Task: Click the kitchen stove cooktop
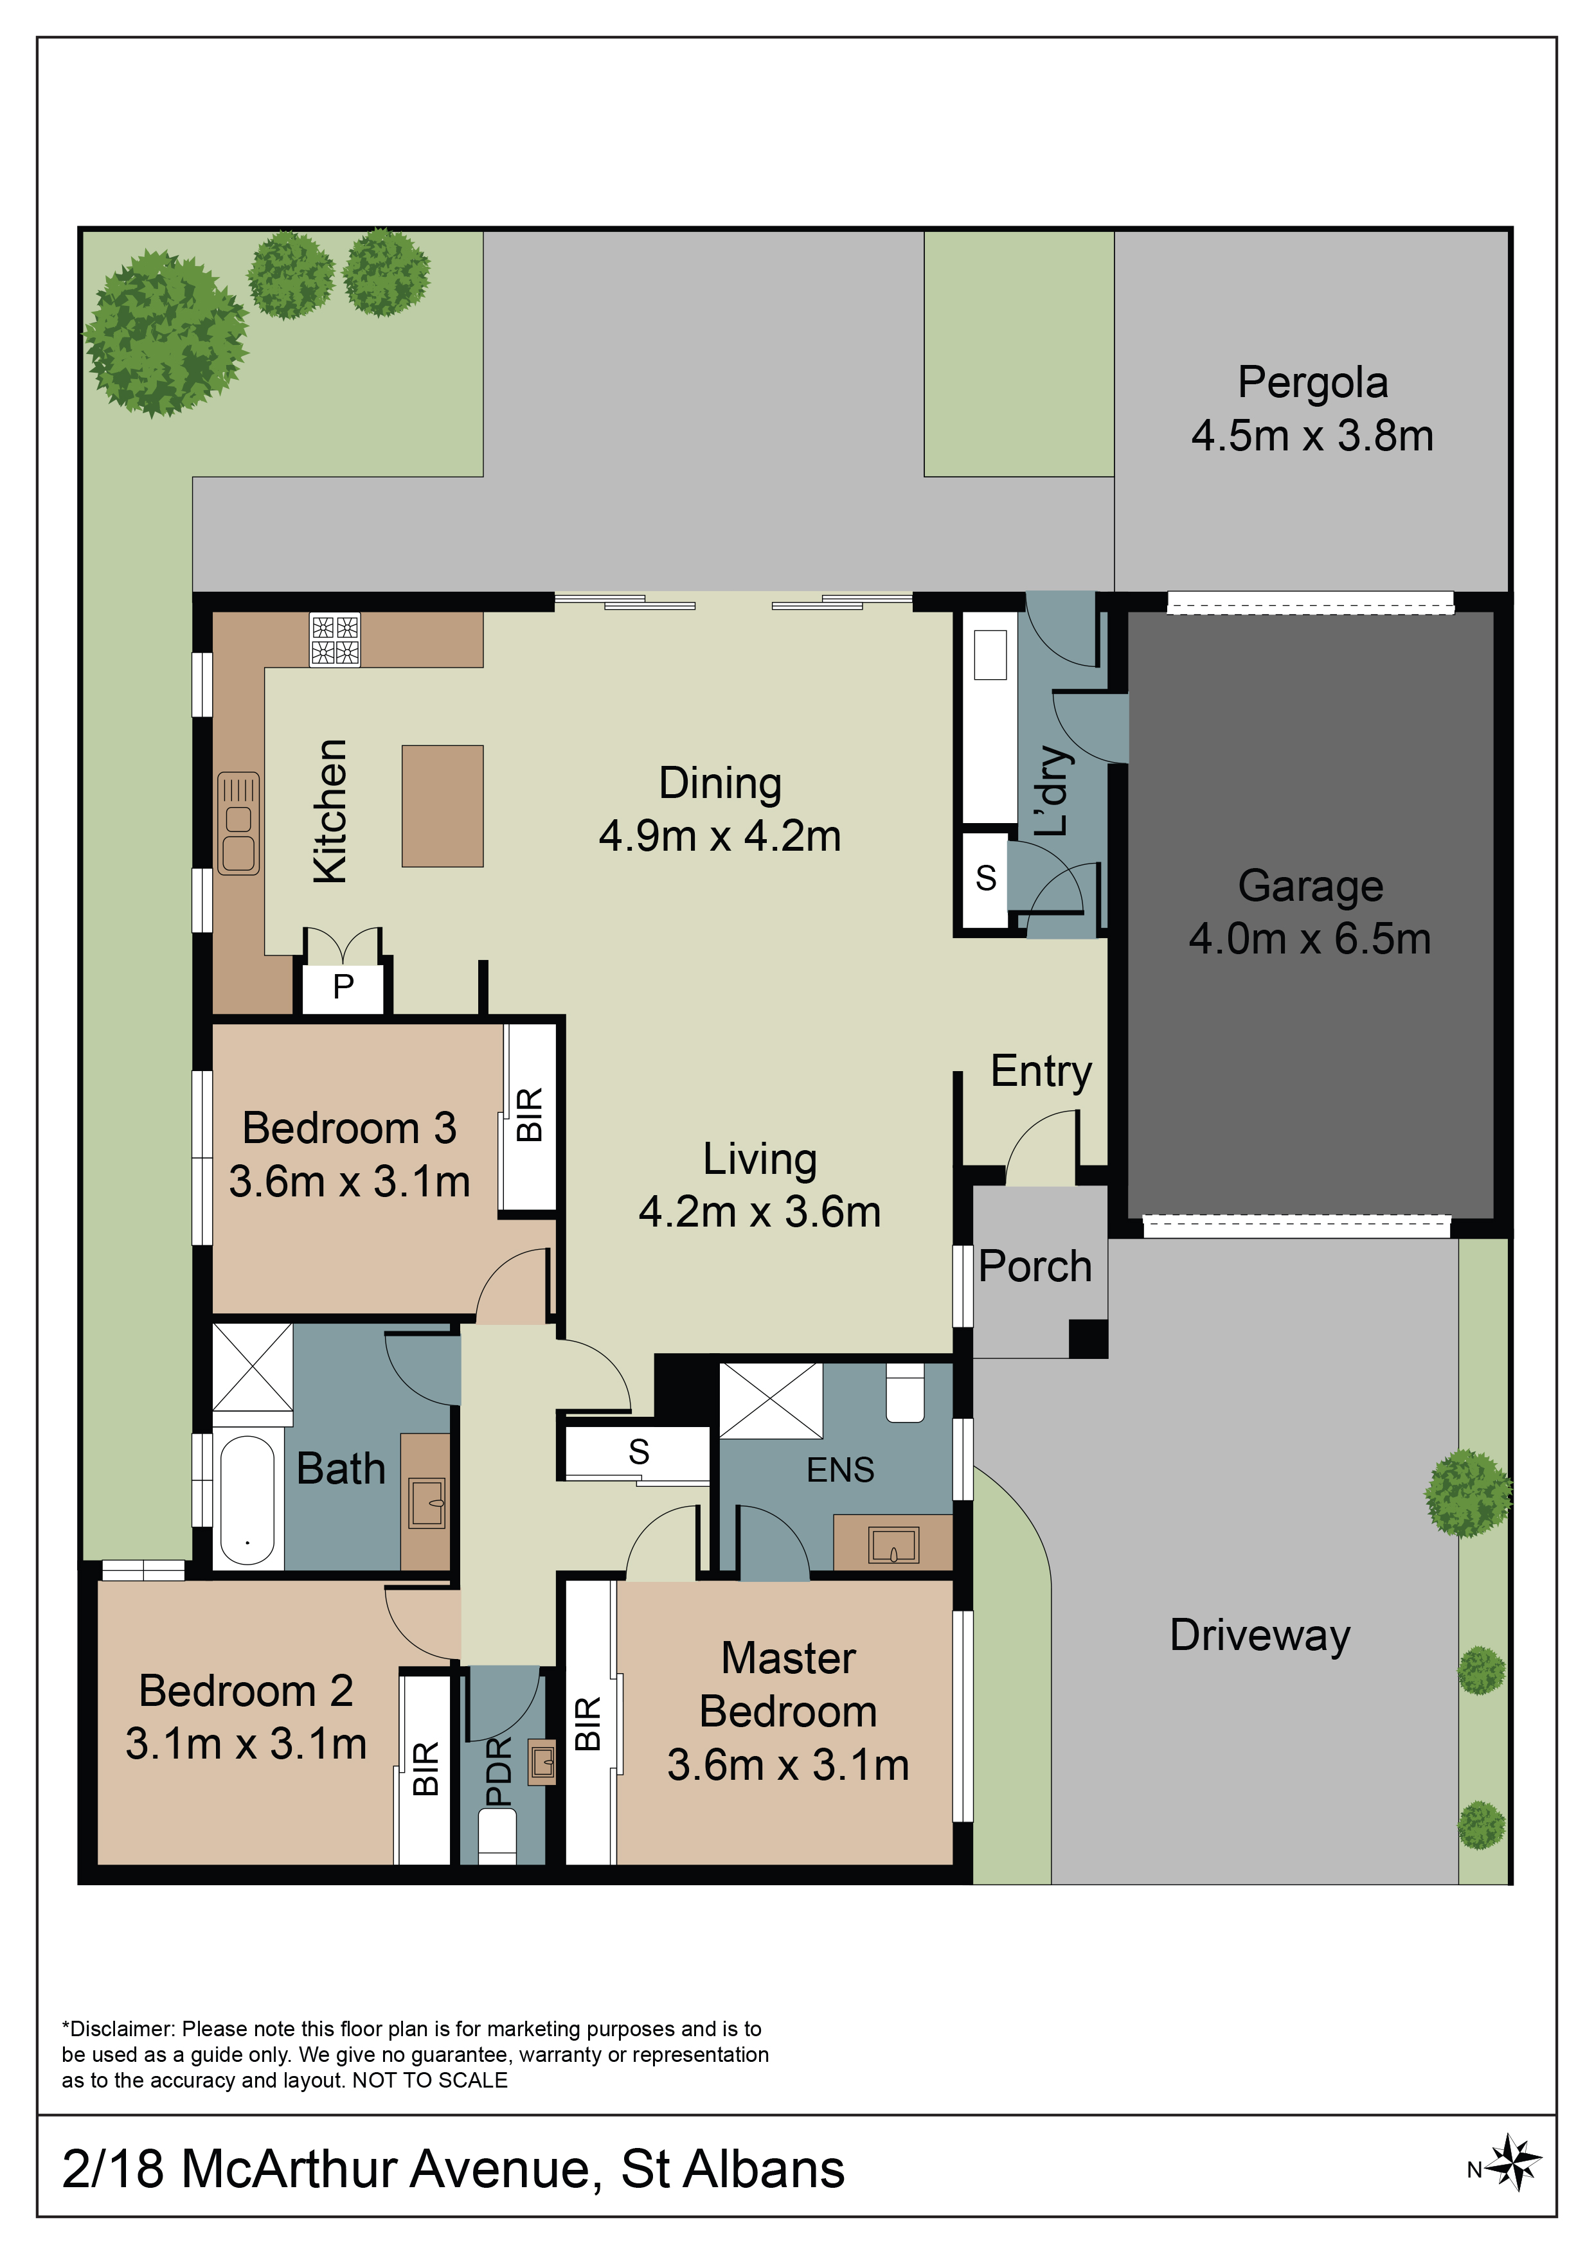click(335, 639)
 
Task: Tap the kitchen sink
click(238, 822)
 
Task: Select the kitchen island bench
click(442, 805)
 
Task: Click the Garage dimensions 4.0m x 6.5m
click(1310, 939)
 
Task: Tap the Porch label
click(1035, 1266)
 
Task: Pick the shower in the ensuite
click(771, 1401)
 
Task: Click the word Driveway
click(1260, 1635)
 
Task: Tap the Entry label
click(1041, 1071)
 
